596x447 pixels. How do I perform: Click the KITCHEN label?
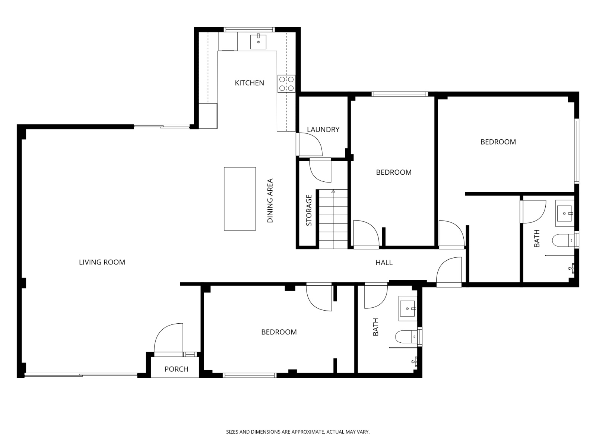coord(249,83)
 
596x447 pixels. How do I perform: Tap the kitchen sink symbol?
coord(258,41)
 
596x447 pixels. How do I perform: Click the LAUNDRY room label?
coord(323,130)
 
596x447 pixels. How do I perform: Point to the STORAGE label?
coord(309,210)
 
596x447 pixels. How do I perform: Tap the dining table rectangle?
coord(240,199)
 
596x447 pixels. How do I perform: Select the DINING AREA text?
coord(270,201)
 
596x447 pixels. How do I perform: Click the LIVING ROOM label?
coord(102,262)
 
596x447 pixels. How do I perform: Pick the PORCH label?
coord(176,369)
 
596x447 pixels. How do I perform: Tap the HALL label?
coord(384,263)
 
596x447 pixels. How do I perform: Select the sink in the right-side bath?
coord(565,213)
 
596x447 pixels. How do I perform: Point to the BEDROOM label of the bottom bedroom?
coord(279,332)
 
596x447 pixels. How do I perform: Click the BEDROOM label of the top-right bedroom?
coord(498,142)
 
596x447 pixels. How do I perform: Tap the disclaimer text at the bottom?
coord(298,432)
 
